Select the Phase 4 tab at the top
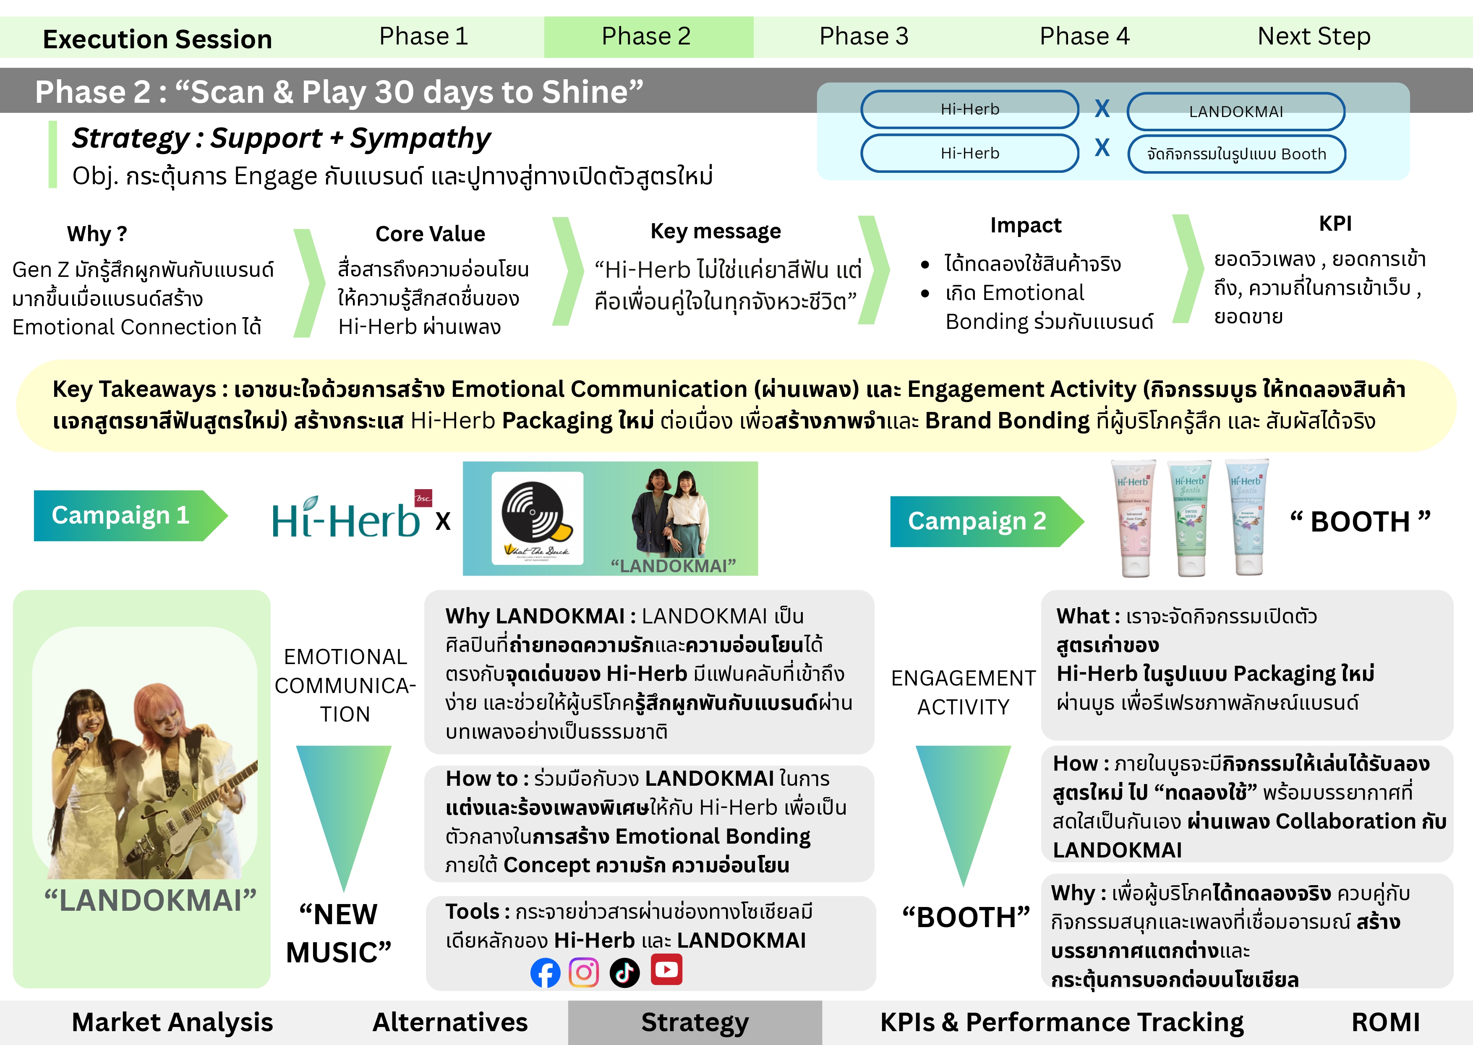click(1084, 36)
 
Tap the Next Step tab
click(1314, 36)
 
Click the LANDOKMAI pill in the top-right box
click(1235, 111)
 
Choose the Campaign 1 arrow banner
click(125, 516)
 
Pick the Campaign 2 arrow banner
click(981, 521)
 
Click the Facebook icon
click(545, 972)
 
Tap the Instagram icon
click(584, 972)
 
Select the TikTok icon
click(624, 972)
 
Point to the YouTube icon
click(666, 970)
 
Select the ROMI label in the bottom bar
click(1385, 1022)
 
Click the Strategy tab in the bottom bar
click(695, 1022)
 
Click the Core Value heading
click(430, 234)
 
